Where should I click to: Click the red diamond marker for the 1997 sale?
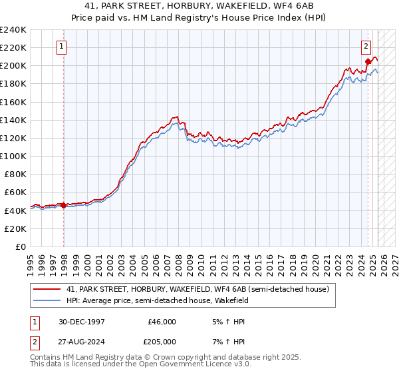(x=64, y=205)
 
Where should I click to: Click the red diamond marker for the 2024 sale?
(x=368, y=62)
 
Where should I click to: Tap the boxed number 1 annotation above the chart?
(x=61, y=47)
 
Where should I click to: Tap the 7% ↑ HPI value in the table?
(x=227, y=340)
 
